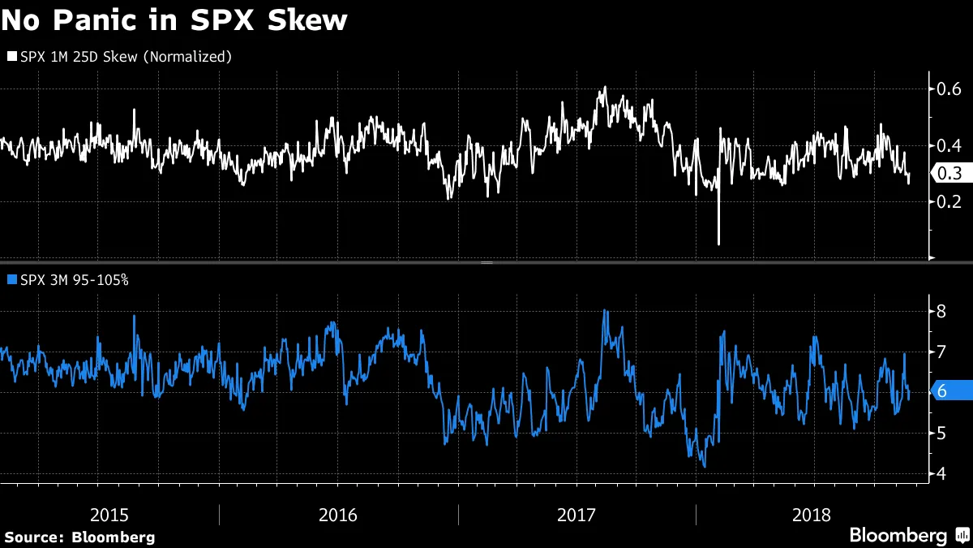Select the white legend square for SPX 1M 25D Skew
coord(11,57)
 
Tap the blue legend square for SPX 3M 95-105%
coord(11,279)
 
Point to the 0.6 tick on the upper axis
coord(949,88)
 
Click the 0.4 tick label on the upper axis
coord(949,145)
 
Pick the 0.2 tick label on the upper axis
coord(949,201)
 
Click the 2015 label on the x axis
coord(109,514)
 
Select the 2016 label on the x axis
coord(339,514)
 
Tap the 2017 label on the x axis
coord(577,514)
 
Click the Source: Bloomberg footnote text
coord(79,537)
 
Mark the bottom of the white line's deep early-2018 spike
coord(718,243)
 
